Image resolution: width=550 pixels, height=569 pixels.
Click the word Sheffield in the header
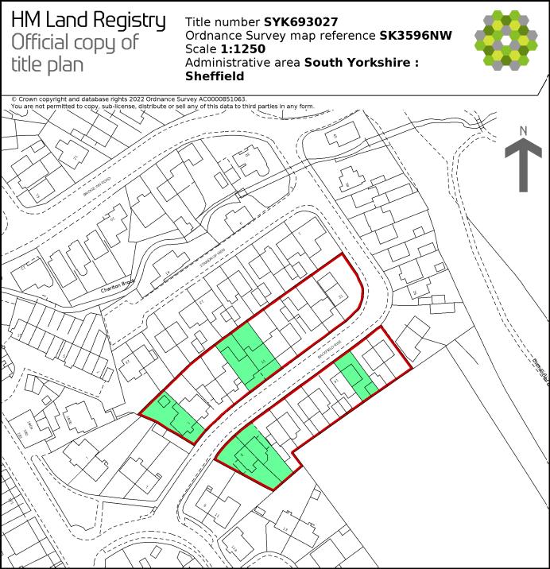point(215,76)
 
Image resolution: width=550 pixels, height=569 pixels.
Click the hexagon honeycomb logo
point(506,39)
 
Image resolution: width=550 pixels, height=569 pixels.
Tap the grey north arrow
point(523,166)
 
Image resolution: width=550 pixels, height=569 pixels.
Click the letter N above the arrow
point(523,130)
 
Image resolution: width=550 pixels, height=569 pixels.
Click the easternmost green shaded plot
point(356,375)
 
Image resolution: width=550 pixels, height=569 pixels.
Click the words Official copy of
point(75,43)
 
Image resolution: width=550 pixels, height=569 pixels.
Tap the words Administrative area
point(242,63)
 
